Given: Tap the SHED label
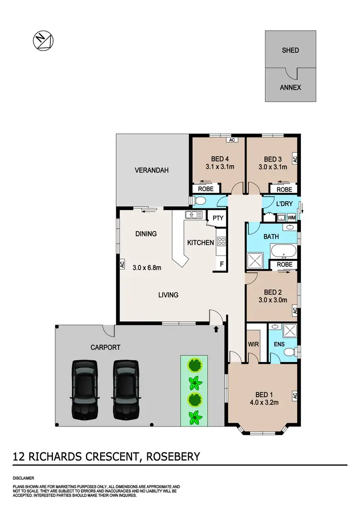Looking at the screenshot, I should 290,50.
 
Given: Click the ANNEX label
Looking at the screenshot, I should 290,87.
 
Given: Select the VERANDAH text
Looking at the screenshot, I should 152,170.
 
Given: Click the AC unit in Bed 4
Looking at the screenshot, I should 232,140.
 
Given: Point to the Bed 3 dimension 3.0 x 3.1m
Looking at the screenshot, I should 272,167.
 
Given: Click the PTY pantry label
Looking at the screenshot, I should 218,218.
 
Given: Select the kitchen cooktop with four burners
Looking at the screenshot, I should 222,242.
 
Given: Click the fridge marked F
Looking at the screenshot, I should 221,264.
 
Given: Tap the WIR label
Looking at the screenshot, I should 252,344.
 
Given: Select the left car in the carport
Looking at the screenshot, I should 84,388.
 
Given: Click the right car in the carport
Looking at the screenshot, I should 126,388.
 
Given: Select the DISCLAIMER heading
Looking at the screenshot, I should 24,478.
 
